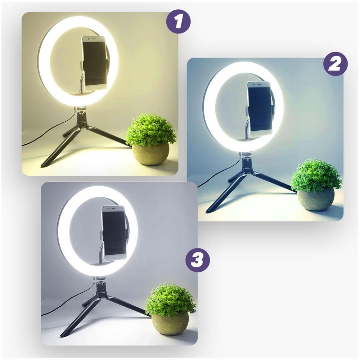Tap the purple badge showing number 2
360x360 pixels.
pyautogui.click(x=336, y=64)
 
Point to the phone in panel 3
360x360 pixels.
pyautogui.click(x=114, y=233)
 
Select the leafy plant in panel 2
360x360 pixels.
pyautogui.click(x=315, y=175)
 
